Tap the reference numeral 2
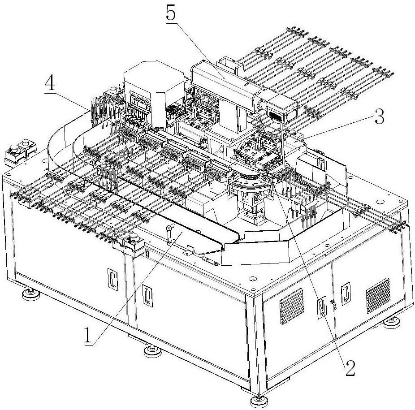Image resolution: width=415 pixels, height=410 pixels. tap(350, 368)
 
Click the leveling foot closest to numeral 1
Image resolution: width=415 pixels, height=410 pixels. tap(153, 351)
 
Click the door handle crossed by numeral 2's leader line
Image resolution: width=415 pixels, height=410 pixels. tap(320, 310)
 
